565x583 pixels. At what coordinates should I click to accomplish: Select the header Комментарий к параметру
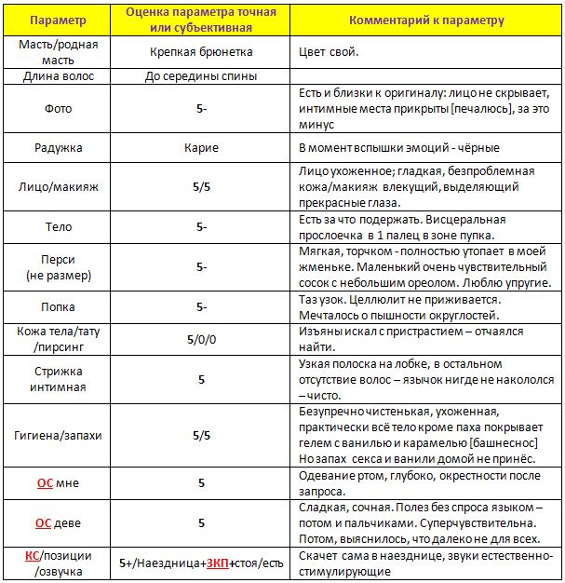tap(427, 20)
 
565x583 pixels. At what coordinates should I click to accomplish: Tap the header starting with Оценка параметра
tap(201, 20)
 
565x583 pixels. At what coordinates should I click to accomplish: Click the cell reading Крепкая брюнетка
tap(201, 52)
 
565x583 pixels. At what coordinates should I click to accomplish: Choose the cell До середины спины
tap(201, 76)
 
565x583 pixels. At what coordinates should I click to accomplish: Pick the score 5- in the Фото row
tap(201, 109)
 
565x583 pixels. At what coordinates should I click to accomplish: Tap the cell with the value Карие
tap(201, 148)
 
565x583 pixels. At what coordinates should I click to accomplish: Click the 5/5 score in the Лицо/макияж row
tap(201, 186)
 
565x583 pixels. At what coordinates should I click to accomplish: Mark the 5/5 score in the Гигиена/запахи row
tap(201, 436)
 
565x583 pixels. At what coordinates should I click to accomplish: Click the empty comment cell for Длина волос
tap(427, 76)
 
